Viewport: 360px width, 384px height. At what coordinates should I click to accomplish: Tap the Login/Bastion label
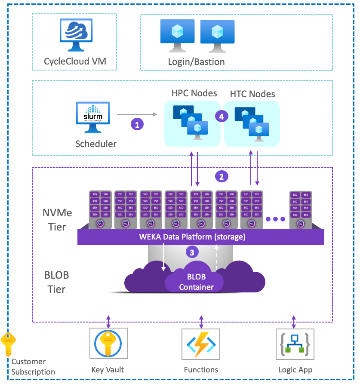pyautogui.click(x=196, y=62)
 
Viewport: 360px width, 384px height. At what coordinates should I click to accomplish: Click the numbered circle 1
pyautogui.click(x=137, y=124)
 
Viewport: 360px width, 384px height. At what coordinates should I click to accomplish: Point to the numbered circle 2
pyautogui.click(x=222, y=176)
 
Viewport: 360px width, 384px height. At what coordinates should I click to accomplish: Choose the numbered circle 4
pyautogui.click(x=222, y=116)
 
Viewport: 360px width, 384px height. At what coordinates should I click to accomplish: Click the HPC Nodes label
pyautogui.click(x=194, y=93)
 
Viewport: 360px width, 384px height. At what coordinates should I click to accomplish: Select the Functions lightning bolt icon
pyautogui.click(x=201, y=347)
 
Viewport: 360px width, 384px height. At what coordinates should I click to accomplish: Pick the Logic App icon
pyautogui.click(x=295, y=347)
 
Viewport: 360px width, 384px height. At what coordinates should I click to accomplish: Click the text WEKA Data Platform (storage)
pyautogui.click(x=192, y=237)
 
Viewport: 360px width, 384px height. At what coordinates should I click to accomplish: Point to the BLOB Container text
pyautogui.click(x=196, y=282)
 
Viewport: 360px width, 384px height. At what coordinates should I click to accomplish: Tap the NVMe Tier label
pyautogui.click(x=54, y=220)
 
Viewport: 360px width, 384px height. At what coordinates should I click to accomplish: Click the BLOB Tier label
pyautogui.click(x=56, y=282)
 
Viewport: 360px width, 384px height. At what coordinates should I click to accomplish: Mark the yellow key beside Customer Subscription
pyautogui.click(x=8, y=344)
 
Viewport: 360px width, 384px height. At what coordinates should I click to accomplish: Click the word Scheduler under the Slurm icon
pyautogui.click(x=96, y=144)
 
